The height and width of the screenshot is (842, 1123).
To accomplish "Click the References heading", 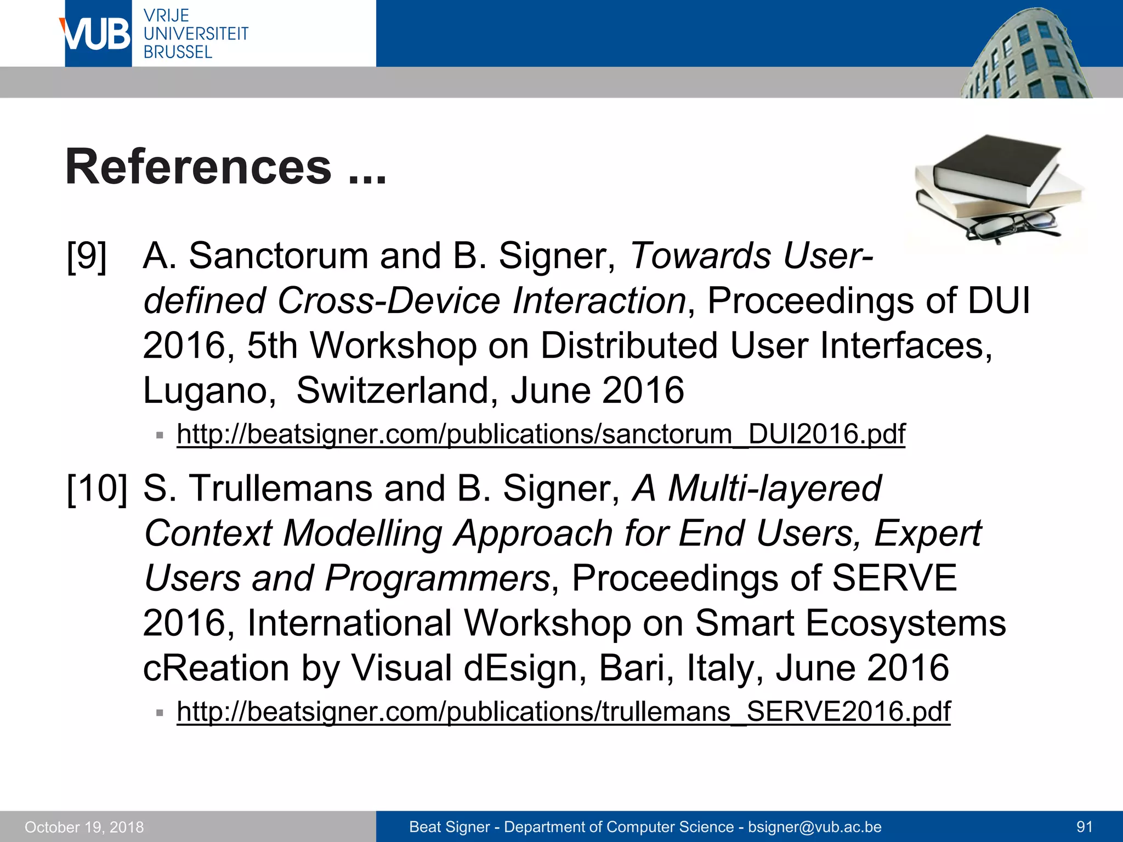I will point(198,167).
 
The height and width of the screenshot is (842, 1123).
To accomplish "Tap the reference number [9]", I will point(87,256).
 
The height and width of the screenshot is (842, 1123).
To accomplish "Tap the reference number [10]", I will point(97,488).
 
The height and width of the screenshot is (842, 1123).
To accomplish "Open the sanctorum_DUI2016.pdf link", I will point(541,435).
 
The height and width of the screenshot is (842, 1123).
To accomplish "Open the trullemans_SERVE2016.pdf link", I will point(563,712).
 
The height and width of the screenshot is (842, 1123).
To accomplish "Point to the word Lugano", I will point(209,391).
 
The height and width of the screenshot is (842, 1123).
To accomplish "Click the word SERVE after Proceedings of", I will point(894,578).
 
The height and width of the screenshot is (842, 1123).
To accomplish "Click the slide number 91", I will point(1084,827).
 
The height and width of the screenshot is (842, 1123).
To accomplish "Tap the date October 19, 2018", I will point(84,827).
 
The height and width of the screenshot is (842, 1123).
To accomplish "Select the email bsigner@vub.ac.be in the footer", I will point(814,827).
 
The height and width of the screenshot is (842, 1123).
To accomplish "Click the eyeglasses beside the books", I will point(1012,225).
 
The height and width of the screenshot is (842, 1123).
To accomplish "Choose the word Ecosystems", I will point(905,623).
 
